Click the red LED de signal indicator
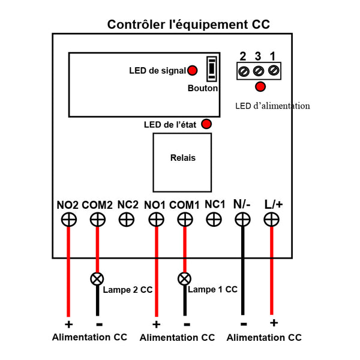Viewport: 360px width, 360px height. (x=193, y=70)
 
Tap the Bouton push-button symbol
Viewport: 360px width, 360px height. (x=212, y=69)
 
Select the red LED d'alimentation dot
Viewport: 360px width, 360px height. (x=260, y=87)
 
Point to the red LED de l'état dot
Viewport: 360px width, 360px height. (x=206, y=124)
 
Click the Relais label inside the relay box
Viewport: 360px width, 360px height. (x=183, y=158)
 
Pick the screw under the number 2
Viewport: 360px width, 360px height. (x=244, y=71)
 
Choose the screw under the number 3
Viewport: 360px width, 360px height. (x=259, y=71)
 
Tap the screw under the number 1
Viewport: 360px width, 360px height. (x=274, y=70)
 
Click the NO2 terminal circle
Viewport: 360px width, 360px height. (x=69, y=220)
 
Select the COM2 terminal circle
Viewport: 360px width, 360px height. (x=98, y=220)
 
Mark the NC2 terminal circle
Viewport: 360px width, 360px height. (x=127, y=220)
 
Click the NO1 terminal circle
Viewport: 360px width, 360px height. (x=157, y=220)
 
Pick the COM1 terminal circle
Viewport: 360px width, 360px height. (x=185, y=220)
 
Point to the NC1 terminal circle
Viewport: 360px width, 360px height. (x=214, y=220)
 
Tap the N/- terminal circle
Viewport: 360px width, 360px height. (x=242, y=220)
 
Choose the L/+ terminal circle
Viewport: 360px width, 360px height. (x=272, y=220)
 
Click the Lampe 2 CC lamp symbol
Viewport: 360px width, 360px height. (x=97, y=279)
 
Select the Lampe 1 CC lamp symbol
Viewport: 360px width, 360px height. (x=184, y=279)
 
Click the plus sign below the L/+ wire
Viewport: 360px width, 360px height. (x=274, y=323)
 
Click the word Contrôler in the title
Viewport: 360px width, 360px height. (x=136, y=25)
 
